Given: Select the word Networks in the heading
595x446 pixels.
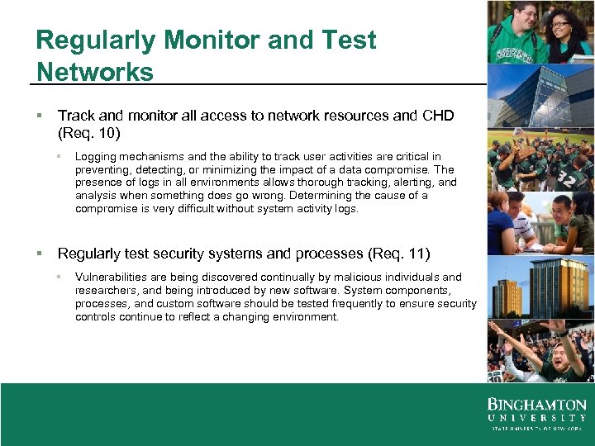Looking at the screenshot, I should [95, 72].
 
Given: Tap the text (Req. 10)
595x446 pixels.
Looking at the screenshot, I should [89, 132].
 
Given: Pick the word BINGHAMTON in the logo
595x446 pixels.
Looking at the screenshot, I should [536, 406].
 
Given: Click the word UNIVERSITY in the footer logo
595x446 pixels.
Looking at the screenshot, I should [536, 419].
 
